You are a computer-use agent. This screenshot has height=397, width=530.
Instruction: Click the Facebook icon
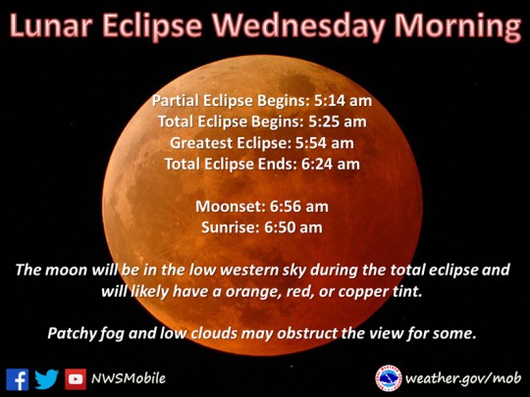click(18, 378)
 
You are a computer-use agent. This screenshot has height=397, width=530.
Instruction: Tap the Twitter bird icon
click(46, 378)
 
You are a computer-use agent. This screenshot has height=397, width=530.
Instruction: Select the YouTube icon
click(76, 378)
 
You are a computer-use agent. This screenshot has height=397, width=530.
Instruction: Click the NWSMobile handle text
click(129, 378)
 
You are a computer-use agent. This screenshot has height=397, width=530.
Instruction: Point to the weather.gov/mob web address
click(462, 378)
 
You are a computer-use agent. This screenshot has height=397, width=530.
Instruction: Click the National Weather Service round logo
click(388, 377)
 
